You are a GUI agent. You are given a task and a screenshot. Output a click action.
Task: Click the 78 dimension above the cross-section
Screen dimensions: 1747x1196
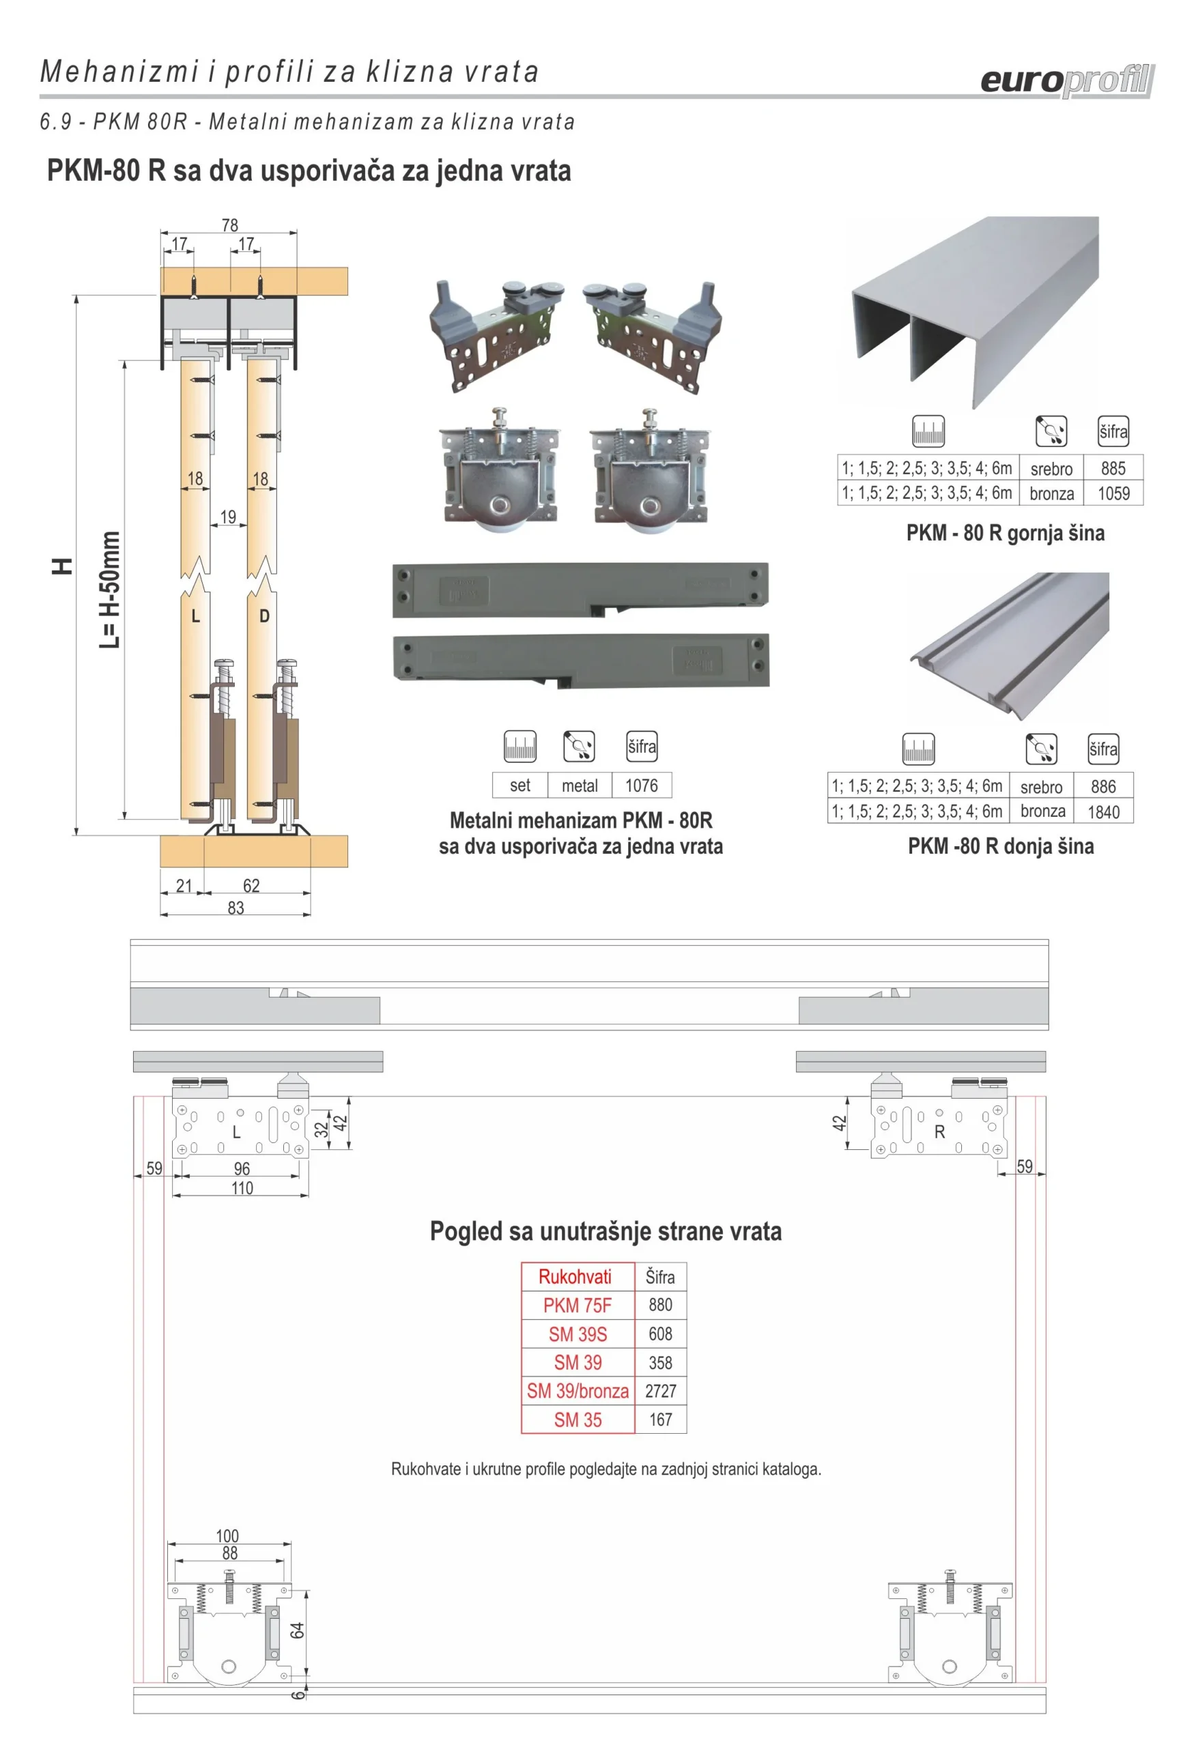(x=229, y=225)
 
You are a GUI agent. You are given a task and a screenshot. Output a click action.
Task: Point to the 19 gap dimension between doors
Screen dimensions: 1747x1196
(x=228, y=517)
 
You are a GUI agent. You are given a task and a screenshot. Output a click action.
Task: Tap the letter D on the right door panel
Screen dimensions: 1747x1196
(x=264, y=616)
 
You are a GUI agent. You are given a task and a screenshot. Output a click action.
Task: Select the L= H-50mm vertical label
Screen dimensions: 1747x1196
(x=110, y=590)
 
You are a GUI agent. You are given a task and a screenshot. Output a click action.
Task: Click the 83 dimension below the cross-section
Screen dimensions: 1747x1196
(x=236, y=908)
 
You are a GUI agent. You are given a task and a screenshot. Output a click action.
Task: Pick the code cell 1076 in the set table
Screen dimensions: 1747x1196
(x=641, y=785)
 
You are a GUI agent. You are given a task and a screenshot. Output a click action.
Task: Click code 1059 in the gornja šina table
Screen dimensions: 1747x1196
(x=1113, y=493)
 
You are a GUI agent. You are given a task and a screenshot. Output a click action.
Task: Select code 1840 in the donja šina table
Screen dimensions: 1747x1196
(x=1102, y=812)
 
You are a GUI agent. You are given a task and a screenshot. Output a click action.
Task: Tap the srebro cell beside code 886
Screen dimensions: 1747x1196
(x=1041, y=787)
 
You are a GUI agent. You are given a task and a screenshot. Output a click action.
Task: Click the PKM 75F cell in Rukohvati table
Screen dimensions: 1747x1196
(x=577, y=1305)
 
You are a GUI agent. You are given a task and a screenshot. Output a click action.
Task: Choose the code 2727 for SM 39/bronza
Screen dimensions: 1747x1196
(x=660, y=1391)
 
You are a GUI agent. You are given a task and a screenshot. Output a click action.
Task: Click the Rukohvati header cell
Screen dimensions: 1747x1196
(x=575, y=1276)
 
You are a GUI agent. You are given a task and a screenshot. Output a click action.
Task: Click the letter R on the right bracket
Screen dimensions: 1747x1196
(x=939, y=1132)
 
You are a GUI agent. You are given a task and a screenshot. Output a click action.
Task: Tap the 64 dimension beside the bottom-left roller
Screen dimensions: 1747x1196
(x=297, y=1630)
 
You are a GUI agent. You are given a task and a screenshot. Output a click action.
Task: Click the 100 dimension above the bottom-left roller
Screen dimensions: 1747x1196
(x=227, y=1535)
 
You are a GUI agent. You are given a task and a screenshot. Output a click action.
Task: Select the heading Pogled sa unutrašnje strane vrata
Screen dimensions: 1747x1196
(x=606, y=1231)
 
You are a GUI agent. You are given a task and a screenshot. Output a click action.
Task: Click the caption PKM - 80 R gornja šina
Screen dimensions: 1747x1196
(x=1005, y=533)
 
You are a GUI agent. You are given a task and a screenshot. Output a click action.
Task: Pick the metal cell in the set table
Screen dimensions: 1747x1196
(x=579, y=785)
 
